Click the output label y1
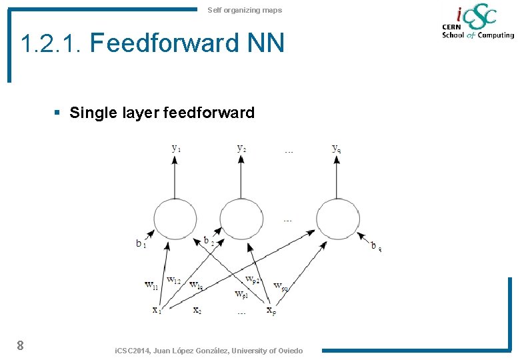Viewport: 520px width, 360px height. [x=176, y=148]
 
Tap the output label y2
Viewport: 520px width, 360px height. [x=241, y=148]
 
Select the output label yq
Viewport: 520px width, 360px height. [x=337, y=148]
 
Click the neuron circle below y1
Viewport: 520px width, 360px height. [x=175, y=218]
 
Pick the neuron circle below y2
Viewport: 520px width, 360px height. [x=241, y=218]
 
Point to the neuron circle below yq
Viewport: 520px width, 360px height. [x=337, y=218]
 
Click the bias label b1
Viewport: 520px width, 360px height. [x=141, y=244]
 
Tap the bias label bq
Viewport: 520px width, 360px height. [x=377, y=246]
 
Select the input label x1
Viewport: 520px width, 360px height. [x=157, y=309]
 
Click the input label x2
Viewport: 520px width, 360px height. [x=197, y=309]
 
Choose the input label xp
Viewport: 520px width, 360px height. [x=271, y=310]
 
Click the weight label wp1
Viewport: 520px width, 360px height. [x=241, y=294]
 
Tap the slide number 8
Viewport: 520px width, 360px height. [x=21, y=345]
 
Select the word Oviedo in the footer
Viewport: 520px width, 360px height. [x=289, y=351]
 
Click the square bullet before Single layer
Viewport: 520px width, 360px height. [x=58, y=113]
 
